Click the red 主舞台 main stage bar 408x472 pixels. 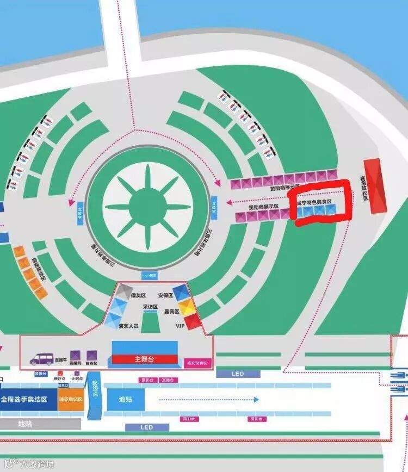[x=144, y=359]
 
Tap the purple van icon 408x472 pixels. [x=42, y=359]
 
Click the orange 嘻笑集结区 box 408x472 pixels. [x=71, y=399]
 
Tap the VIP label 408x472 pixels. [x=181, y=326]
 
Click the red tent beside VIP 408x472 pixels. [x=194, y=320]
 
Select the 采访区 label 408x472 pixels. [x=150, y=307]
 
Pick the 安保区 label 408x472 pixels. [x=165, y=295]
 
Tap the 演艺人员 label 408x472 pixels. [x=128, y=326]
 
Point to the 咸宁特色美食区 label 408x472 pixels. [x=314, y=202]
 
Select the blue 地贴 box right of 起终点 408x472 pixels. [x=125, y=399]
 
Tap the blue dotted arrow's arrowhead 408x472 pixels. [x=256, y=399]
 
